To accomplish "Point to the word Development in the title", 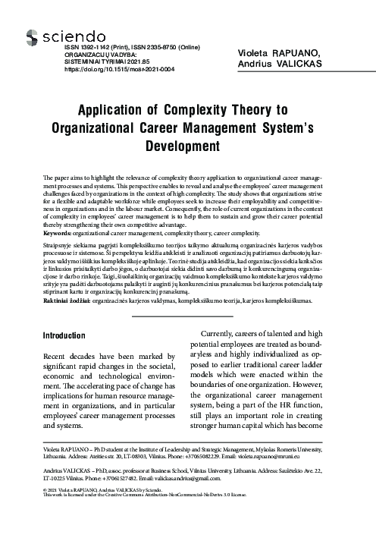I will (188, 144).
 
